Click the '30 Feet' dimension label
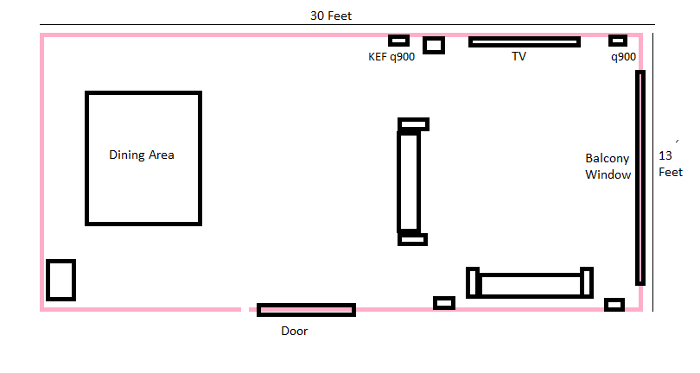(331, 16)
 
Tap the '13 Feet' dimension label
(671, 164)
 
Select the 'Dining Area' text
(142, 155)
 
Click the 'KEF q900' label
(391, 57)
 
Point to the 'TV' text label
(519, 56)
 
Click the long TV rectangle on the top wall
(525, 42)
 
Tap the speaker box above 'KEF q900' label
(398, 41)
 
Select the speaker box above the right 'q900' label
(618, 41)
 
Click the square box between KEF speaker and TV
(434, 45)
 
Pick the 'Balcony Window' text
(608, 167)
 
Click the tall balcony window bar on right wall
(640, 178)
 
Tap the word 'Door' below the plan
(294, 331)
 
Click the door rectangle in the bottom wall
(306, 310)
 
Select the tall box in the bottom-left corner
(60, 281)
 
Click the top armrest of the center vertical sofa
(413, 124)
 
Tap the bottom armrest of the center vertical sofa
(412, 239)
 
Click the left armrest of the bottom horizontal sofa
(473, 282)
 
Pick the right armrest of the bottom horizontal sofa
(587, 282)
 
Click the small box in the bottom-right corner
(614, 305)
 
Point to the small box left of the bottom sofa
(444, 303)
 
